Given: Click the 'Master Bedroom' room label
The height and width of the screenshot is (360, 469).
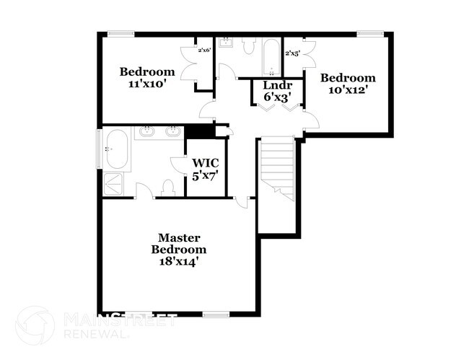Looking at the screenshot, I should pyautogui.click(x=179, y=243).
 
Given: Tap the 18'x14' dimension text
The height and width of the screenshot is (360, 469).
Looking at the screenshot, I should pyautogui.click(x=179, y=262).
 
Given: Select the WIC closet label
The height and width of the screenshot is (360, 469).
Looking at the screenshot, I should pyautogui.click(x=204, y=162).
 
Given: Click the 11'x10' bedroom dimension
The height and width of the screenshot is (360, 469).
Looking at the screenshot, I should pyautogui.click(x=147, y=84).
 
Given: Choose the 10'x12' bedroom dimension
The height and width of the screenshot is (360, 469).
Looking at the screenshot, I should pyautogui.click(x=348, y=90).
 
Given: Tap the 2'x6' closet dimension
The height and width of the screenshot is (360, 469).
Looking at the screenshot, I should pyautogui.click(x=204, y=51).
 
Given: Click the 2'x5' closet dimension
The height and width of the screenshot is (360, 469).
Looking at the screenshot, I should pyautogui.click(x=292, y=53).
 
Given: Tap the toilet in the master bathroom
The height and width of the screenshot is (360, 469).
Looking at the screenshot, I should pyautogui.click(x=168, y=188).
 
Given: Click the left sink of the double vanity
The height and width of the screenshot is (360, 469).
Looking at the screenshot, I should pyautogui.click(x=146, y=131).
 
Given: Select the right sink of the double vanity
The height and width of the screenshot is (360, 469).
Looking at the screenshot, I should pyautogui.click(x=172, y=131).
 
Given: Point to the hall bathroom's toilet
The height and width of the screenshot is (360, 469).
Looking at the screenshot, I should pyautogui.click(x=249, y=46).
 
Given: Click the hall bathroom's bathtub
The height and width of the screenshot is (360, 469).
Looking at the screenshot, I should pyautogui.click(x=272, y=56).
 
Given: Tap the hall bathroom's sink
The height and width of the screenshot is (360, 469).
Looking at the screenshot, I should pyautogui.click(x=225, y=42).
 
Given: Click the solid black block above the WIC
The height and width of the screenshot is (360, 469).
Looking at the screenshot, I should pyautogui.click(x=199, y=132).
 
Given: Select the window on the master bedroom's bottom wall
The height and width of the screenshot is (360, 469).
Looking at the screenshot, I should pyautogui.click(x=215, y=314).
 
